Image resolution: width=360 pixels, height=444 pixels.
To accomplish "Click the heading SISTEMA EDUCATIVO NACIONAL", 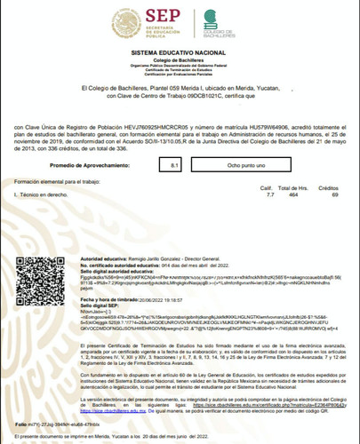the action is (180, 54).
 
